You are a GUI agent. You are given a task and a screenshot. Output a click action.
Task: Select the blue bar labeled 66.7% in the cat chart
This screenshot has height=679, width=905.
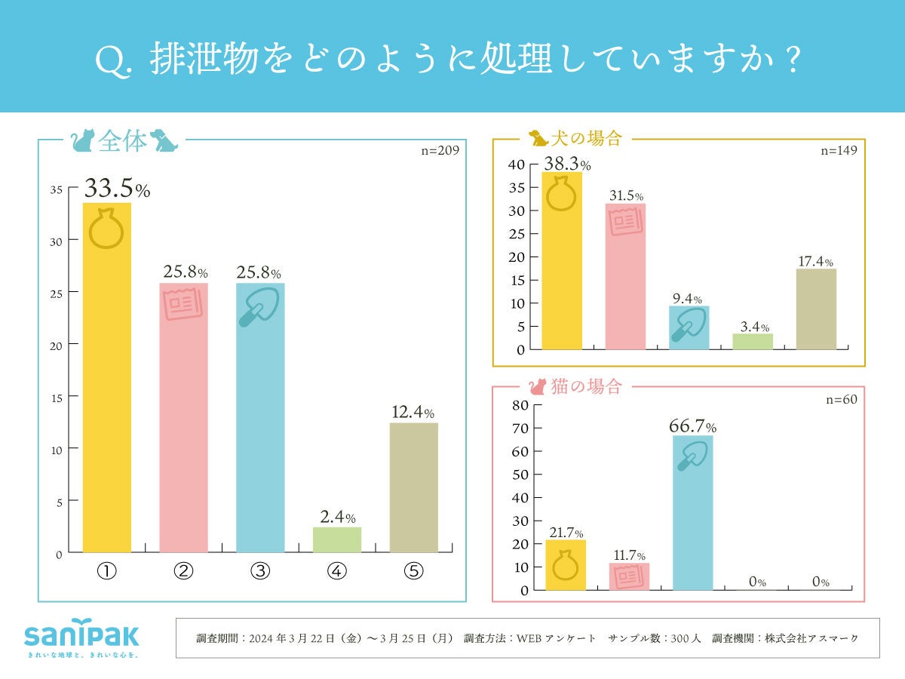pos(692,513)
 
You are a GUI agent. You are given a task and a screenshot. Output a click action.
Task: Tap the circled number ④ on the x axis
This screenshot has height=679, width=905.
pos(337,571)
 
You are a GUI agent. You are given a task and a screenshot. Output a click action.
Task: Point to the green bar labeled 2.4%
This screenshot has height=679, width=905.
pos(337,539)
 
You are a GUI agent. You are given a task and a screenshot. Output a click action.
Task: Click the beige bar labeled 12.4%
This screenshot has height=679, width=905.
pos(413,487)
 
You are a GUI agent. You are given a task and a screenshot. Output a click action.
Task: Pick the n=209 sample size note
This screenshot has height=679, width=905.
pos(440,150)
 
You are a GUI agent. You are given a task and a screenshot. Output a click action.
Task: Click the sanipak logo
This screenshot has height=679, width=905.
pos(81,636)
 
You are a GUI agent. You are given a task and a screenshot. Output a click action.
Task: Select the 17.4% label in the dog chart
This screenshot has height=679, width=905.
pos(815,262)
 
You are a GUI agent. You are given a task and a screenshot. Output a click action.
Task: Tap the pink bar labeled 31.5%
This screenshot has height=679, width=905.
pos(625,287)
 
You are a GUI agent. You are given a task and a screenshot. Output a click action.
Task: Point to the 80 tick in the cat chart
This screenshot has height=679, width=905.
pos(520,404)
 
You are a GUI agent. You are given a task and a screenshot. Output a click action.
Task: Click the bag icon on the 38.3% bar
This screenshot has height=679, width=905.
pos(562,195)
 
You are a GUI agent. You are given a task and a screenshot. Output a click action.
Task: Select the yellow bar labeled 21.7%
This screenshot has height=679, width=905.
pos(566,565)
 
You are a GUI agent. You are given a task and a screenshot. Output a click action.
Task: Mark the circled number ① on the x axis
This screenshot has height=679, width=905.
pos(106,571)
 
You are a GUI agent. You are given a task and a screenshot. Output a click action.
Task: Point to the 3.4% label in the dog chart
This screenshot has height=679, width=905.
pos(752,327)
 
